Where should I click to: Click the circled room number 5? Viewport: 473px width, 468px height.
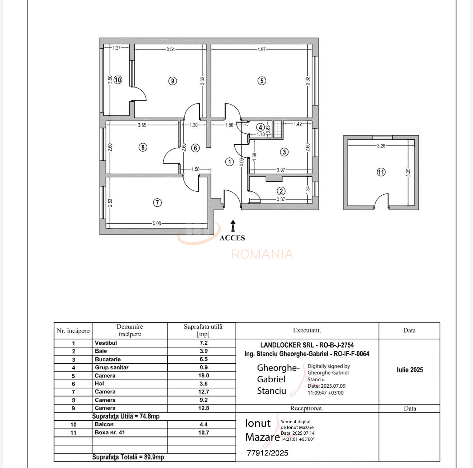262,81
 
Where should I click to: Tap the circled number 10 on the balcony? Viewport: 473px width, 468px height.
118,80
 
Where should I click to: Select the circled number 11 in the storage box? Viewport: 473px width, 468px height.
381,172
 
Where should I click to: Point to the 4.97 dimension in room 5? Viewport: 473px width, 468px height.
262,49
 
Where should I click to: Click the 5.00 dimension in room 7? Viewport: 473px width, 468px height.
157,223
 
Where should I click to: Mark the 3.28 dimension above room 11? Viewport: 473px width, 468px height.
381,146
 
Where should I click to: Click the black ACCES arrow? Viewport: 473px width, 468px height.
233,226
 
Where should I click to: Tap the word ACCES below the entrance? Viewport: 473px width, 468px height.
232,238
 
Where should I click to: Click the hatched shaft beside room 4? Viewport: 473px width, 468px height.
278,129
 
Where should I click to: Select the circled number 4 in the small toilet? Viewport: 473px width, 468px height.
261,127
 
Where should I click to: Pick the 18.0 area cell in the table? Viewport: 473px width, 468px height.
204,376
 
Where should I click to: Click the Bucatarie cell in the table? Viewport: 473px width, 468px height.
108,359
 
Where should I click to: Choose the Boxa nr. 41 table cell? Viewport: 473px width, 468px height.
110,433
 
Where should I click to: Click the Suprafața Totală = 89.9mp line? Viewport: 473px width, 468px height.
128,457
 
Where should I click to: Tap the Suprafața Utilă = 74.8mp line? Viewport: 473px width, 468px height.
125,416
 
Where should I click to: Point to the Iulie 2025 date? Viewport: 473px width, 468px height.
410,370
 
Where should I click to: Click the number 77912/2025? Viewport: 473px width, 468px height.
267,453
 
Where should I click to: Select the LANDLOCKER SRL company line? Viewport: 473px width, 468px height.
307,345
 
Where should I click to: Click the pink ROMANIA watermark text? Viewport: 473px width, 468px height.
262,254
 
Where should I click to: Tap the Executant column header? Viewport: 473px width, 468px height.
307,330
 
